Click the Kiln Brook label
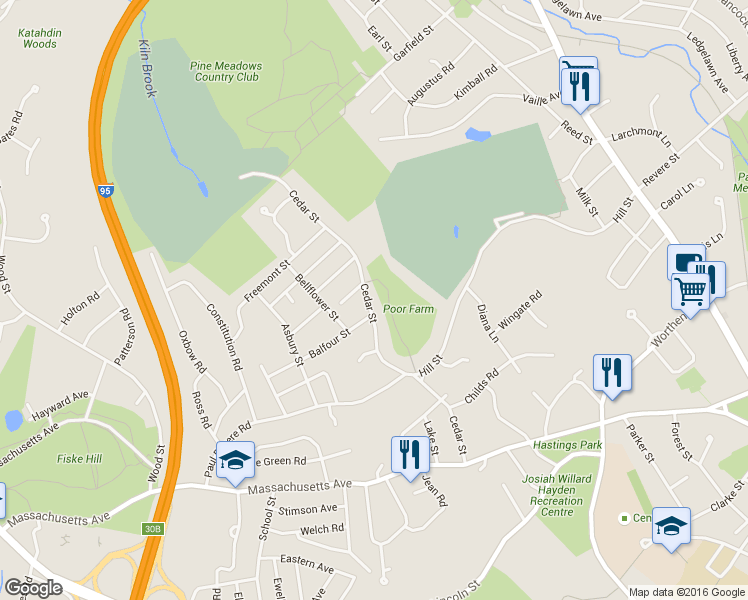click(x=147, y=70)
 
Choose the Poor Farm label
click(x=409, y=310)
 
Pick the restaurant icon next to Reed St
click(x=579, y=82)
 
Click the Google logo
click(x=33, y=588)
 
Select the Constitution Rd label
click(x=225, y=337)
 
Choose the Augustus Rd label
click(x=431, y=85)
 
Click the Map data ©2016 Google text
click(x=686, y=592)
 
